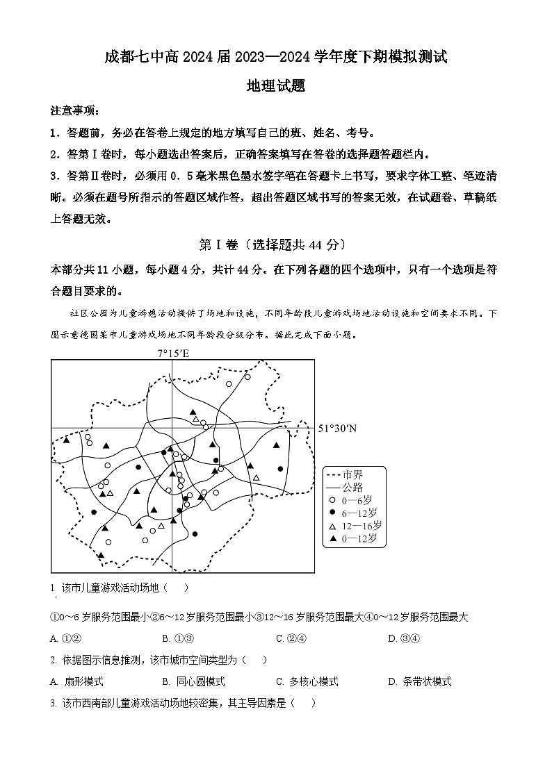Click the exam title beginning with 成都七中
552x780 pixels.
point(275,58)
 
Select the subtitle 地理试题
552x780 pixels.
point(276,87)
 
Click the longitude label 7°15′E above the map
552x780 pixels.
point(173,353)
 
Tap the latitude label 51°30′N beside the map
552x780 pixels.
point(337,429)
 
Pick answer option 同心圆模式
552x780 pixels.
point(200,681)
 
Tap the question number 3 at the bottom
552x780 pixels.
point(54,703)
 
